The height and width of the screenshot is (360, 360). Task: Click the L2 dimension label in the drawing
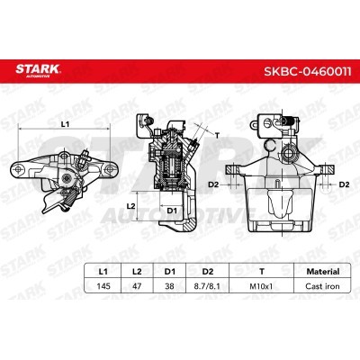(130, 206)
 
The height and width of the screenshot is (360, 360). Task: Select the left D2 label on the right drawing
(213, 184)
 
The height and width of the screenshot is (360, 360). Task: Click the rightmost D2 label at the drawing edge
(344, 184)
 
